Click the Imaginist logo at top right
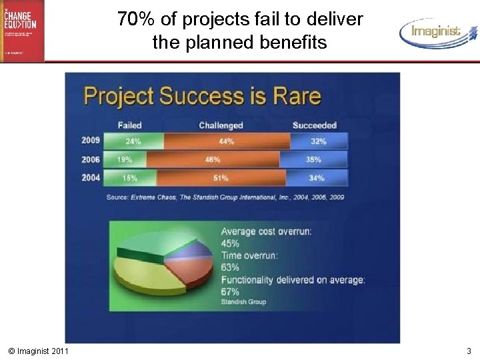click(438, 31)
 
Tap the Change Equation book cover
click(22, 30)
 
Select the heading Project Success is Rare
click(202, 97)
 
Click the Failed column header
click(129, 125)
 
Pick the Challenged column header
click(221, 125)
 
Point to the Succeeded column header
click(315, 125)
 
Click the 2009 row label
click(91, 141)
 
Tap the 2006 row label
click(91, 159)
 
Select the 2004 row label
click(91, 178)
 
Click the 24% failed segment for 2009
click(134, 141)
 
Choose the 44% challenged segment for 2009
click(227, 141)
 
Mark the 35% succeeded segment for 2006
click(313, 160)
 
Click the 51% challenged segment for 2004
click(221, 178)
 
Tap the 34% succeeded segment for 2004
click(317, 178)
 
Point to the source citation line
click(225, 197)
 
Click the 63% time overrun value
click(230, 267)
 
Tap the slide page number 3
click(469, 351)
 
